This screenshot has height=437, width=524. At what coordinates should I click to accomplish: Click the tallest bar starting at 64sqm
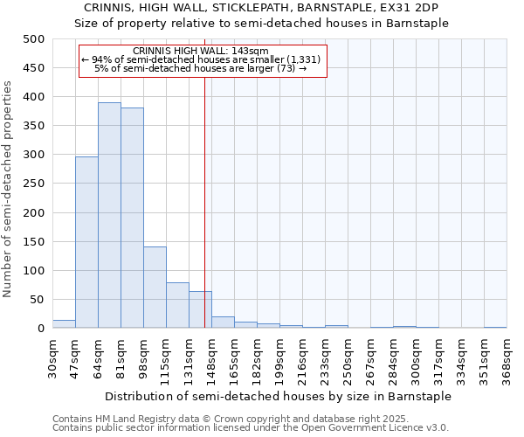pos(109,215)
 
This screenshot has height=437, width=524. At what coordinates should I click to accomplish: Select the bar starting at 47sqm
pos(86,242)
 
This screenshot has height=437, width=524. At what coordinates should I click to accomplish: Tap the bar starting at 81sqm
pos(132,218)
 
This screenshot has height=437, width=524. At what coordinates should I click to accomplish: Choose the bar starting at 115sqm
pos(177,305)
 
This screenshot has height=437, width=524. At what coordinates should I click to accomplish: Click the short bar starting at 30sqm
pos(64,323)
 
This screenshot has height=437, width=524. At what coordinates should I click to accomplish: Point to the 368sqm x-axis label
pos(507,357)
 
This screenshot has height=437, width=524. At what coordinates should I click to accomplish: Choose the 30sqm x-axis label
pos(53,357)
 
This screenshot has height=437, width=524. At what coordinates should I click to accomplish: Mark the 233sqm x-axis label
pos(326,357)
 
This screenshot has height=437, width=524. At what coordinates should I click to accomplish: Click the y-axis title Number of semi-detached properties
pos(9,189)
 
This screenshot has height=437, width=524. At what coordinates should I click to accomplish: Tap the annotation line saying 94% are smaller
pos(202,59)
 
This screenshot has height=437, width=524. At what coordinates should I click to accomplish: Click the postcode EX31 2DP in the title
pos(413,8)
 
